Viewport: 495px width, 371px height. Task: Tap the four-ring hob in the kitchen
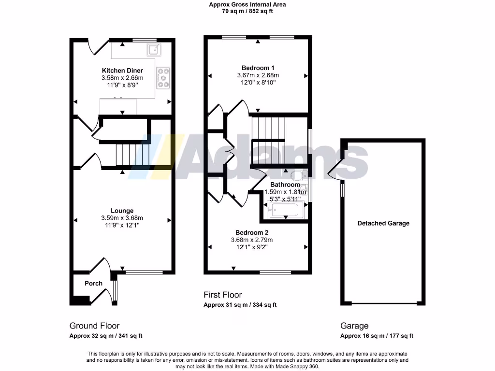pos(164,77)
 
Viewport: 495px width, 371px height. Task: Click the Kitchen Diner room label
pos(122,71)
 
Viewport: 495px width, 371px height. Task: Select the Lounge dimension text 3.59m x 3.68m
pos(122,218)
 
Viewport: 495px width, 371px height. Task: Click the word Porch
pos(93,283)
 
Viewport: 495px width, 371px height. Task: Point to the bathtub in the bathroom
pos(286,210)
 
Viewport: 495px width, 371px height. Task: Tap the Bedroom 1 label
pos(258,68)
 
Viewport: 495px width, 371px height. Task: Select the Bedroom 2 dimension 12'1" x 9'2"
pos(251,247)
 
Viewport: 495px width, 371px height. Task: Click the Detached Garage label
pos(383,223)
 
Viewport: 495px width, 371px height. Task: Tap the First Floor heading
pos(222,295)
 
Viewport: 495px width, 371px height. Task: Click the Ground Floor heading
pos(94,326)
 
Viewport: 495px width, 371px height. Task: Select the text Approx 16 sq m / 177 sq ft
pos(377,336)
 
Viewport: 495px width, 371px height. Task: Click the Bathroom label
pos(285,185)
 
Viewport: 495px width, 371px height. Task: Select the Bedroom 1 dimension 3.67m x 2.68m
pos(258,75)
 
